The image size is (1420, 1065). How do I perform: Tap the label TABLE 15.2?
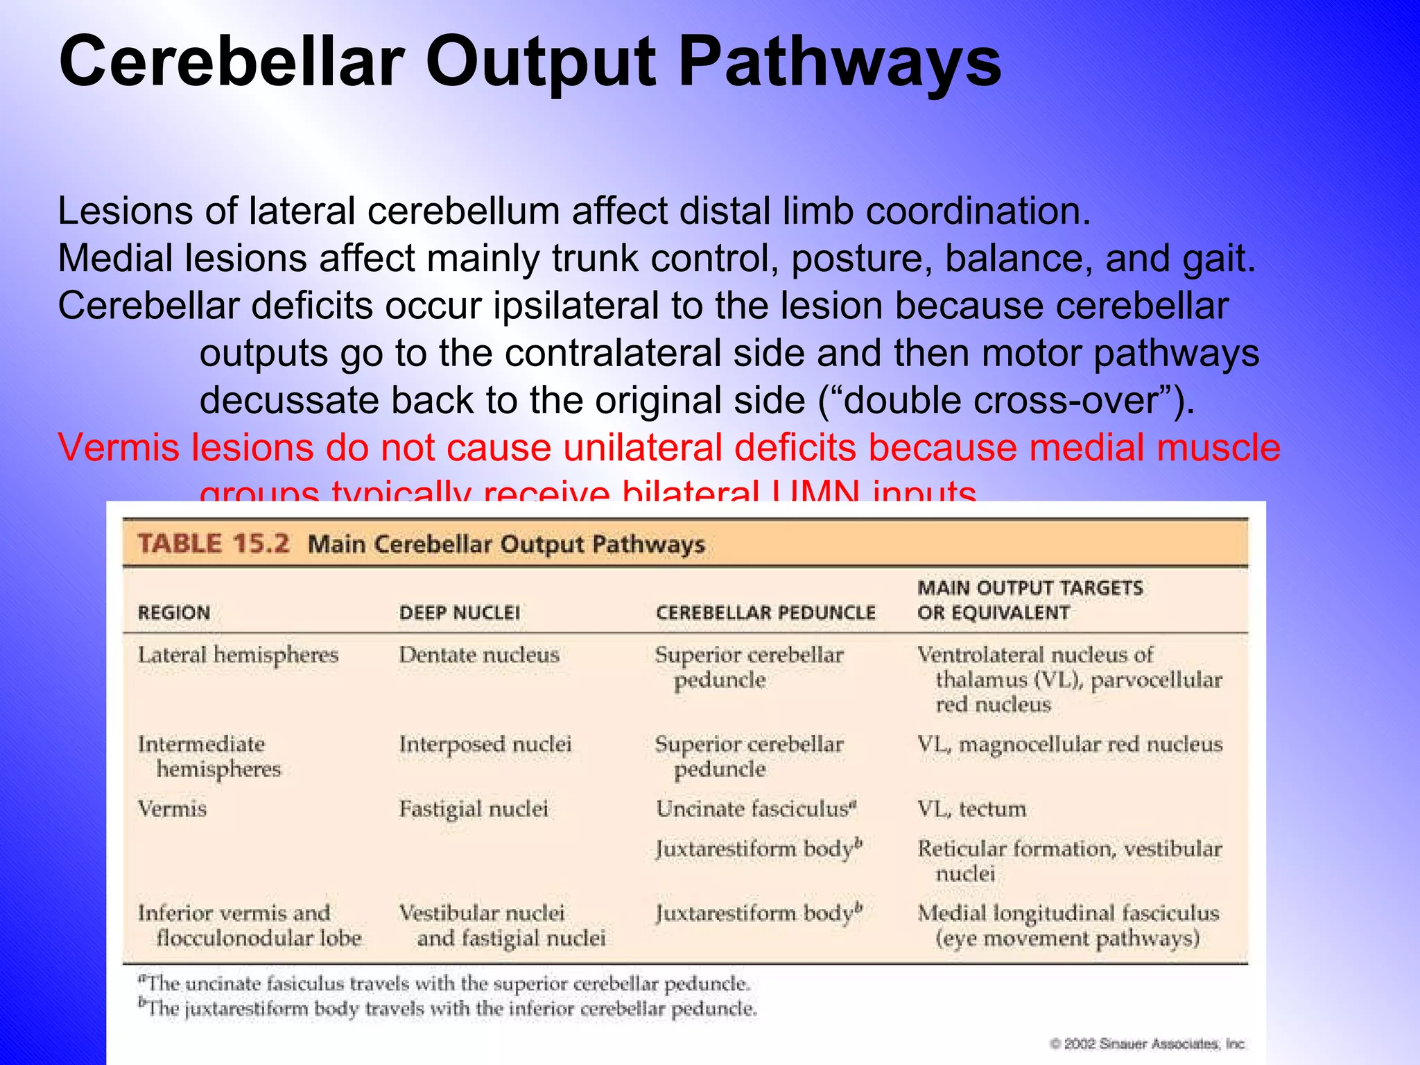click(213, 544)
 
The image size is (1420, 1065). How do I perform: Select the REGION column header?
click(174, 613)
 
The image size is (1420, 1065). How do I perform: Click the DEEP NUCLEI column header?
click(460, 613)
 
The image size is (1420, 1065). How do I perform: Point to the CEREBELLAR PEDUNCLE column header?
click(765, 613)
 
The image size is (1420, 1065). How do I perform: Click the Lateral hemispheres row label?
click(238, 655)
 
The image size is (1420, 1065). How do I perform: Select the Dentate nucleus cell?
click(479, 655)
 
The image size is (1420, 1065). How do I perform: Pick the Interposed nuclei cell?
click(485, 745)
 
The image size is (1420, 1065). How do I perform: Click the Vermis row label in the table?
click(172, 809)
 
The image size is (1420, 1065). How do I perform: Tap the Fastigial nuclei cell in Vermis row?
click(474, 809)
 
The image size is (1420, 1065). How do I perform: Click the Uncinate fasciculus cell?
click(756, 809)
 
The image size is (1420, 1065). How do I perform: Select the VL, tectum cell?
click(971, 809)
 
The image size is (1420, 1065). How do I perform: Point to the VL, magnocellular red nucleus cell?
click(1070, 745)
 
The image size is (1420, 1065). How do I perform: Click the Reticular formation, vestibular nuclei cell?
click(1069, 860)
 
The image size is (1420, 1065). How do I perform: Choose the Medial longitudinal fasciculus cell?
click(1068, 925)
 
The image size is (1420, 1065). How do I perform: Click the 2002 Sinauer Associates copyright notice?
click(1148, 1044)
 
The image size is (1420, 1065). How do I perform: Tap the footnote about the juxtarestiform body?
click(447, 1008)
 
